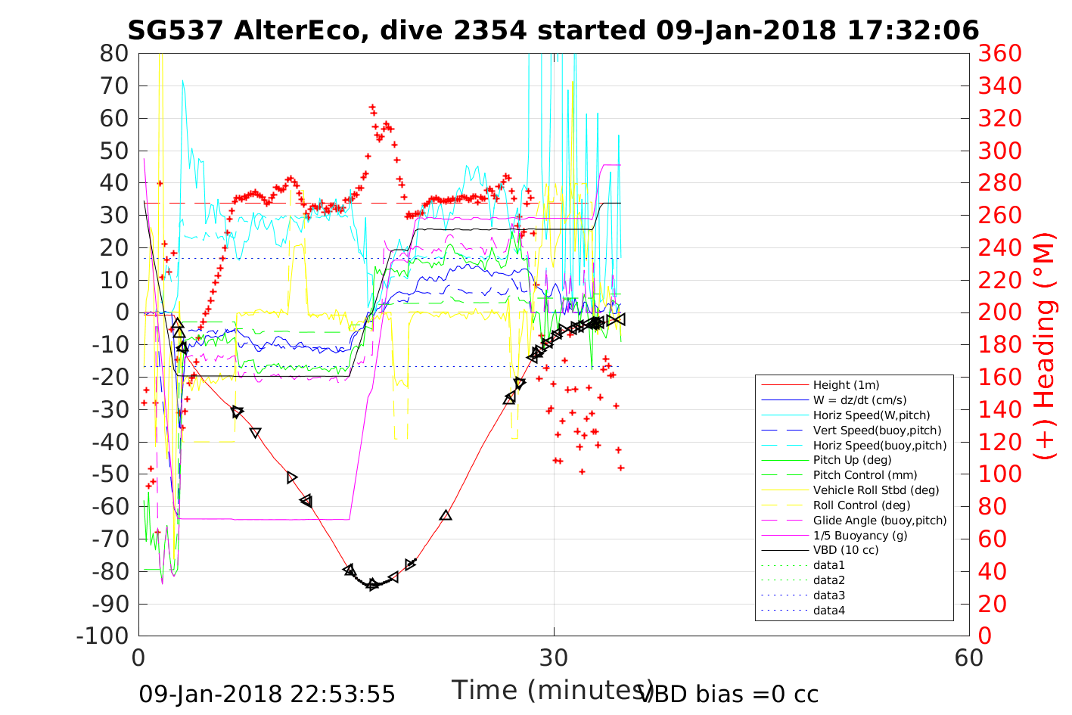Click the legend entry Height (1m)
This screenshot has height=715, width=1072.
846,385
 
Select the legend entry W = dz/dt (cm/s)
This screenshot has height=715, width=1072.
859,400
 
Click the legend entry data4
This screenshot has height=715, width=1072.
828,610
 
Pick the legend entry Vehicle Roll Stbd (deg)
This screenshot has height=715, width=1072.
876,490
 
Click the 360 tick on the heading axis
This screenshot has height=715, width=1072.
999,54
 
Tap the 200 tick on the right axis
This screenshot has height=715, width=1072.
999,312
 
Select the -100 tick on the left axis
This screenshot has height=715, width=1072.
103,636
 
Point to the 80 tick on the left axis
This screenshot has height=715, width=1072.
113,54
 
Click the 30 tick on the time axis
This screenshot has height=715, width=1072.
554,657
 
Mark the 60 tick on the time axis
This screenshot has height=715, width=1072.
969,657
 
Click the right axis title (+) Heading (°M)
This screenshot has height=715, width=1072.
1044,345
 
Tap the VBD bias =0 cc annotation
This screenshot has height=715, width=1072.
729,694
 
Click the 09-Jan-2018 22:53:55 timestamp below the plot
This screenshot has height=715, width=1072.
267,694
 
